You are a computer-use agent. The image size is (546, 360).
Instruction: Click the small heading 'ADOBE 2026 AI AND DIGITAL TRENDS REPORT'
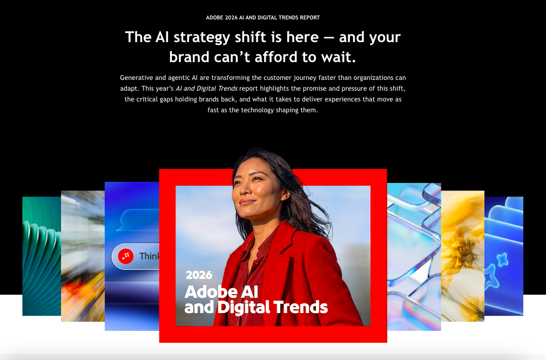pos(263,17)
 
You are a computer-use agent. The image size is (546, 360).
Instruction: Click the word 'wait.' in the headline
pos(339,57)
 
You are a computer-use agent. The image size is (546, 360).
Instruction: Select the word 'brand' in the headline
pos(189,57)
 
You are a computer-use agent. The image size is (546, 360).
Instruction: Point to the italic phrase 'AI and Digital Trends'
pos(206,89)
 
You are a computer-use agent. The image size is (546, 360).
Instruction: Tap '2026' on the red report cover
pos(199,275)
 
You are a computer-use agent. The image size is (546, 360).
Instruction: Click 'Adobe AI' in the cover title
pos(221,292)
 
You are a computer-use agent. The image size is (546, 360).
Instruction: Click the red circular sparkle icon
pos(126,256)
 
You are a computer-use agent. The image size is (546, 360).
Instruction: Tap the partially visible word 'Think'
pos(150,256)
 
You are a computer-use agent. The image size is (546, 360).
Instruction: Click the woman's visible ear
pos(285,194)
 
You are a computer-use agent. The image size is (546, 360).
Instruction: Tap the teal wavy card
pos(42,256)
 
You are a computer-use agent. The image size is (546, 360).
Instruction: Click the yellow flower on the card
pos(461,250)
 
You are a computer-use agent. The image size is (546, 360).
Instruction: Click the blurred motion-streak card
pos(83,256)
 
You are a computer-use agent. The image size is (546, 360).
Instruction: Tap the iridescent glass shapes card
pos(414,256)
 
